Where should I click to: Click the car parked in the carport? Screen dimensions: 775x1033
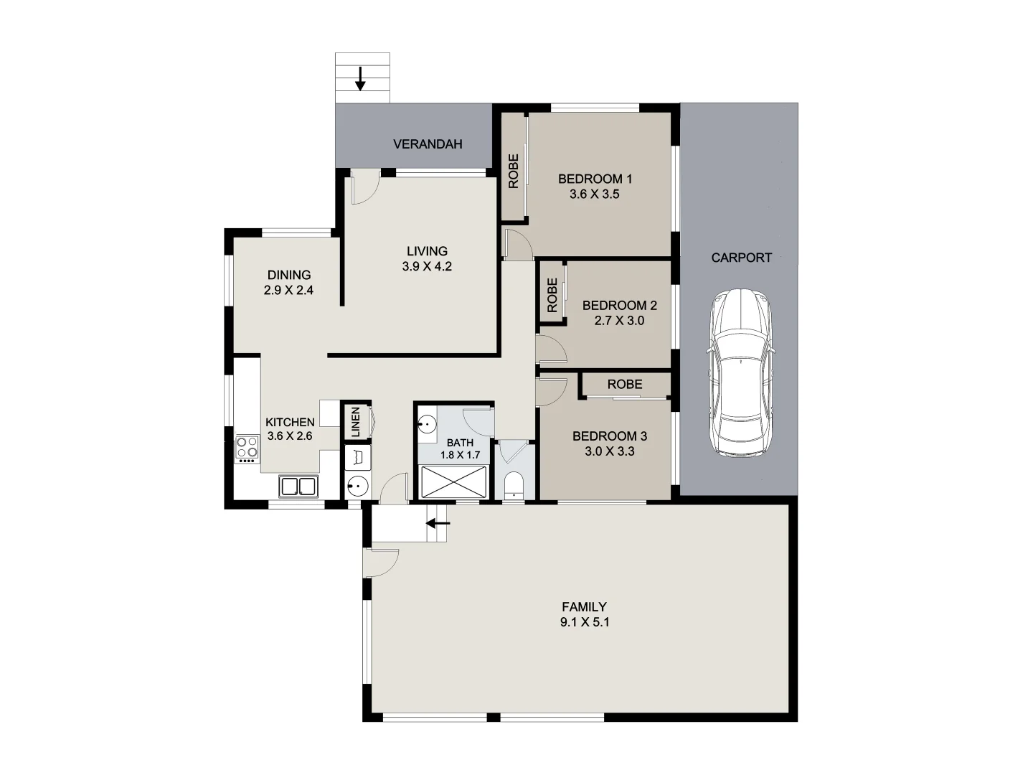740,372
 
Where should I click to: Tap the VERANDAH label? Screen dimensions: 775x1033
428,144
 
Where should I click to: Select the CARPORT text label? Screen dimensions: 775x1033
741,258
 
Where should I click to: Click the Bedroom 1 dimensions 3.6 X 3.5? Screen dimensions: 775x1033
594,194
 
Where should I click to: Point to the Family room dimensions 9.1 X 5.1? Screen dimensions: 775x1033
585,623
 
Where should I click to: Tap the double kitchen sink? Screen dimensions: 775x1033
298,487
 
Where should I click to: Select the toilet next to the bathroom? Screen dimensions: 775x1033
514,485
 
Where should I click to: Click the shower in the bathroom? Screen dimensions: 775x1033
454,481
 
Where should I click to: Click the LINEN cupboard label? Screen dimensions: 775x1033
354,422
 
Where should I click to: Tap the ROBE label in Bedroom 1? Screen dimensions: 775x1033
514,172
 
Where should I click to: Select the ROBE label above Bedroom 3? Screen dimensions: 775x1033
625,385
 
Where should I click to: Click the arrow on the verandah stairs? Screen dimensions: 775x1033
361,78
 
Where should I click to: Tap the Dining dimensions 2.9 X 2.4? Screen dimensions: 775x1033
288,291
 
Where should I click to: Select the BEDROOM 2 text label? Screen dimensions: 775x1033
619,306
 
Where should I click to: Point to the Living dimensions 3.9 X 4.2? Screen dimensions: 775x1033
427,266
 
